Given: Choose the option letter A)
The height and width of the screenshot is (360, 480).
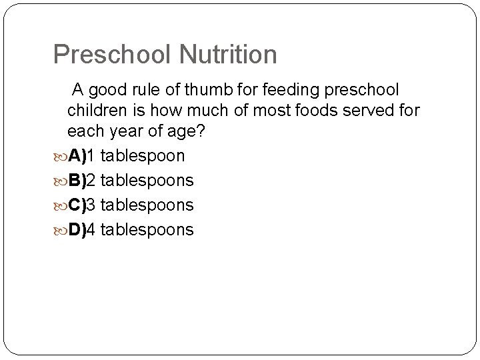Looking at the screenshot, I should [77, 155].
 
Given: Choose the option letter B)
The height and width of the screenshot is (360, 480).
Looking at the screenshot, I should [77, 180].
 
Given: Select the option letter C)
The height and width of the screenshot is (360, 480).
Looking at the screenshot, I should [77, 205].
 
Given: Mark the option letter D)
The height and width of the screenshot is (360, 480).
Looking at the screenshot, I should [77, 230].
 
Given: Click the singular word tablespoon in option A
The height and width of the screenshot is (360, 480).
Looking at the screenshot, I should [143, 155].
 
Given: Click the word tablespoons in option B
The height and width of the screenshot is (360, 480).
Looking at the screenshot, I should [147, 180].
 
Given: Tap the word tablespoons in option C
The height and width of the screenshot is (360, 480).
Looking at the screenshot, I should [147, 205].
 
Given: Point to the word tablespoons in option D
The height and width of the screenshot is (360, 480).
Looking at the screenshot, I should [147, 230].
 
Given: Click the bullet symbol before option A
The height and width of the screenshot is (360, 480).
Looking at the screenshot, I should [60, 156].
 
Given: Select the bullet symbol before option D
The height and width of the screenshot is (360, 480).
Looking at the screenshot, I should [60, 231].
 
